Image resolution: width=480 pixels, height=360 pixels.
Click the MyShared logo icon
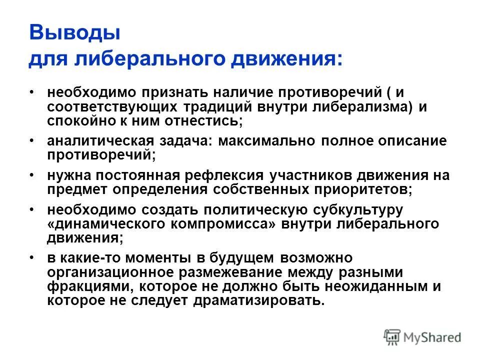[392, 337]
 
